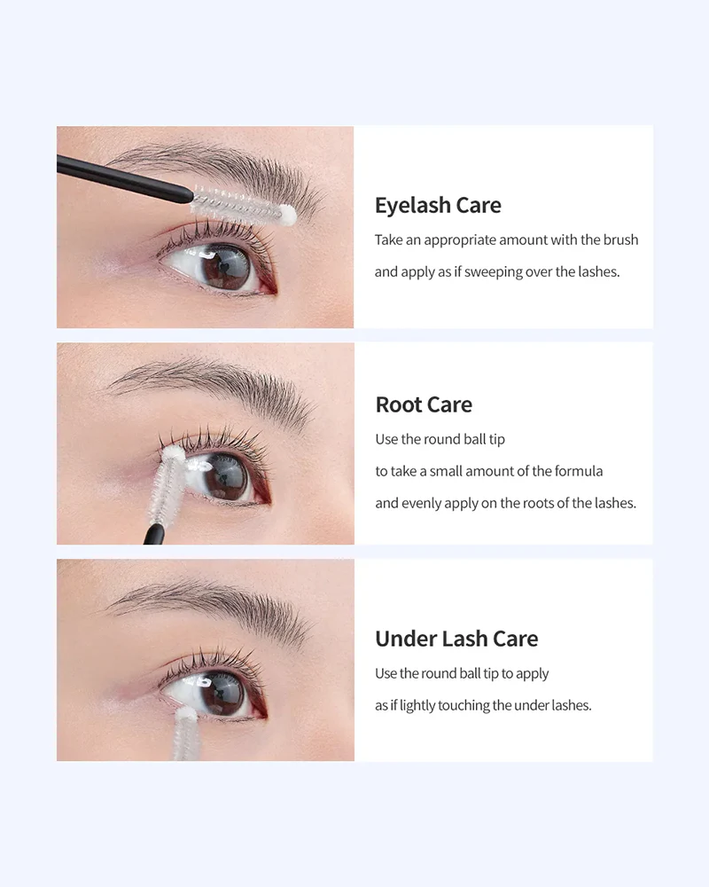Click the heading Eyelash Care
438,206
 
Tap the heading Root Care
424,404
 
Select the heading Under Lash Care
456,639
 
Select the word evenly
421,504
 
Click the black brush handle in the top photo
124,178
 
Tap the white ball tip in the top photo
287,215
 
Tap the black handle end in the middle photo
154,535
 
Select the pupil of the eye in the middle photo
225,479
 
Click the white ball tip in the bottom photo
185,714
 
